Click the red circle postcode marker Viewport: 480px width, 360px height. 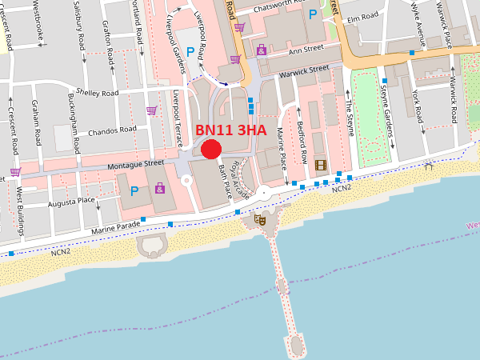point(211,148)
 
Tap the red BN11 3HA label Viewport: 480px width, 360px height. point(231,130)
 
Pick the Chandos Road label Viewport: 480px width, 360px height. point(113,130)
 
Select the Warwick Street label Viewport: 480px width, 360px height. point(303,73)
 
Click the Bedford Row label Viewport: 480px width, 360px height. point(302,134)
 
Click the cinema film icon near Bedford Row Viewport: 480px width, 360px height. point(321,166)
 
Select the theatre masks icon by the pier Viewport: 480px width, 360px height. point(259,219)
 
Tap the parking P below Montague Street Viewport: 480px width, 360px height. point(134,191)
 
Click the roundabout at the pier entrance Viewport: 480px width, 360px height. point(263,193)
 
